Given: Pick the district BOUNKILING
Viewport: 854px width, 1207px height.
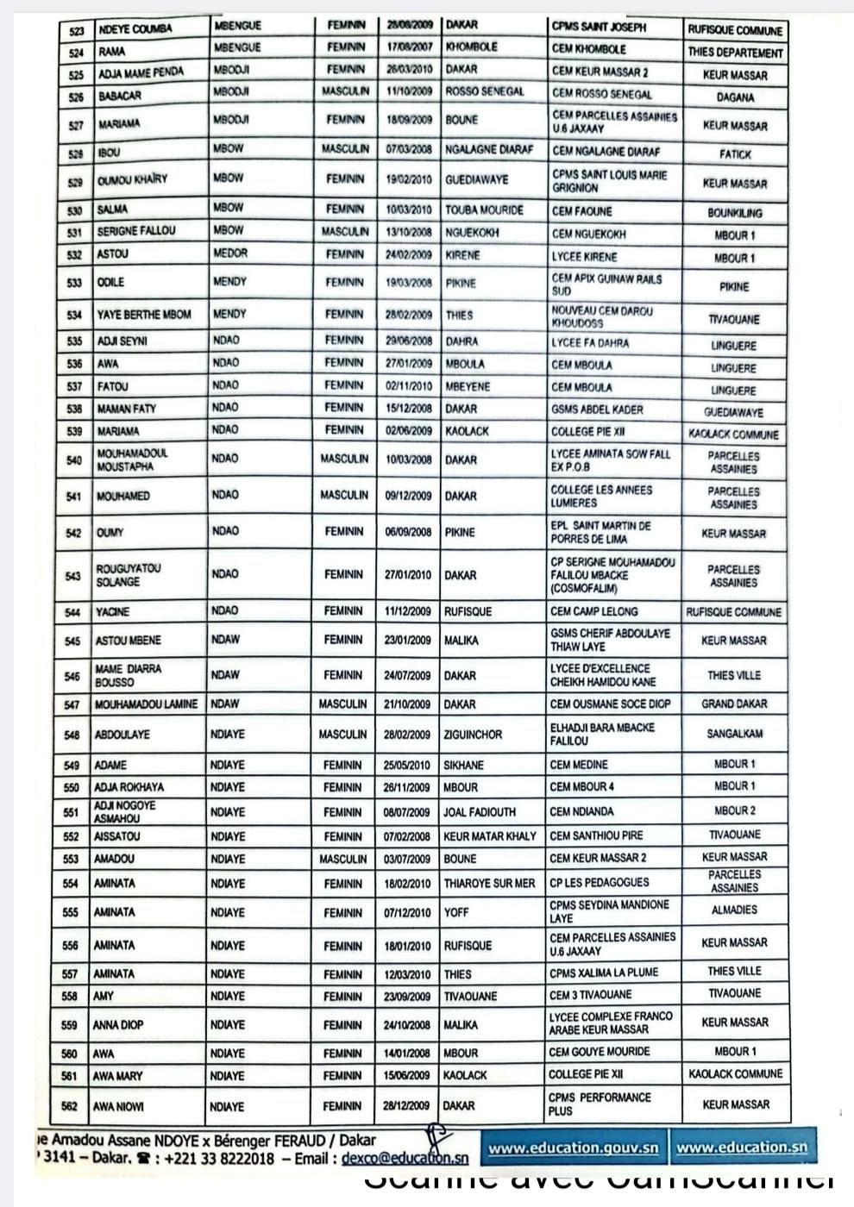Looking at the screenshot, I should click(x=734, y=212).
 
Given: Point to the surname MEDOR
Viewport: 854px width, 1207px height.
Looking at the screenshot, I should click(x=229, y=253).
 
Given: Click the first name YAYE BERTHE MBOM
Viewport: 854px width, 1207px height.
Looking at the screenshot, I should click(x=144, y=315).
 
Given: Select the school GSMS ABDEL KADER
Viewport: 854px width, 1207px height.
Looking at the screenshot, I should click(x=597, y=410).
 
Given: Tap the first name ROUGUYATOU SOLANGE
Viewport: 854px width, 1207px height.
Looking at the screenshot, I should click(x=129, y=575).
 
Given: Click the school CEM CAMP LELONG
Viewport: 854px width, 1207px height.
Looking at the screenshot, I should click(x=593, y=611).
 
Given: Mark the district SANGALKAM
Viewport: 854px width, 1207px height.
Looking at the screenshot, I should click(x=734, y=735).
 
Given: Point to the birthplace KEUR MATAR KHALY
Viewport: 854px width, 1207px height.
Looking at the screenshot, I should click(x=489, y=836).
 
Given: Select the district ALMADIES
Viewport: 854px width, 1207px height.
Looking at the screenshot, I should click(x=734, y=910).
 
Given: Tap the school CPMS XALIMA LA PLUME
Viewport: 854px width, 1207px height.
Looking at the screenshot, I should click(x=603, y=972).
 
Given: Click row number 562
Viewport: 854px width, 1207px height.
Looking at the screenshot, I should click(x=71, y=1106).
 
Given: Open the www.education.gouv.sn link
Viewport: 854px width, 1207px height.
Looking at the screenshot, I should click(x=573, y=1148).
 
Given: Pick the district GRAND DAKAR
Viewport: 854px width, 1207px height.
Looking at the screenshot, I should click(x=734, y=704).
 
